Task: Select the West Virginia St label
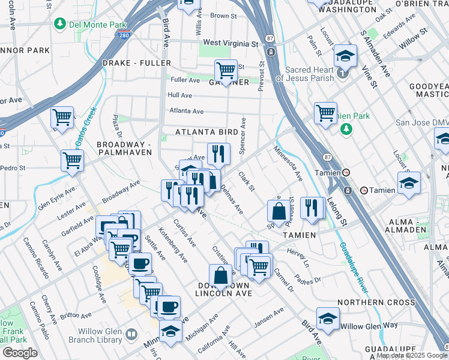coord(231,43)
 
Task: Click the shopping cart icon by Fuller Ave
coord(226,71)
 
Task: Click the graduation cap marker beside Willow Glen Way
coord(328,319)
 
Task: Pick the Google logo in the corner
coord(20,353)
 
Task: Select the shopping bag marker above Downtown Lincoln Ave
coord(220,275)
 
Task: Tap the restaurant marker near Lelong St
coord(311,208)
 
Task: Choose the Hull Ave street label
coord(180,95)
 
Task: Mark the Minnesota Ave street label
coord(287,163)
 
